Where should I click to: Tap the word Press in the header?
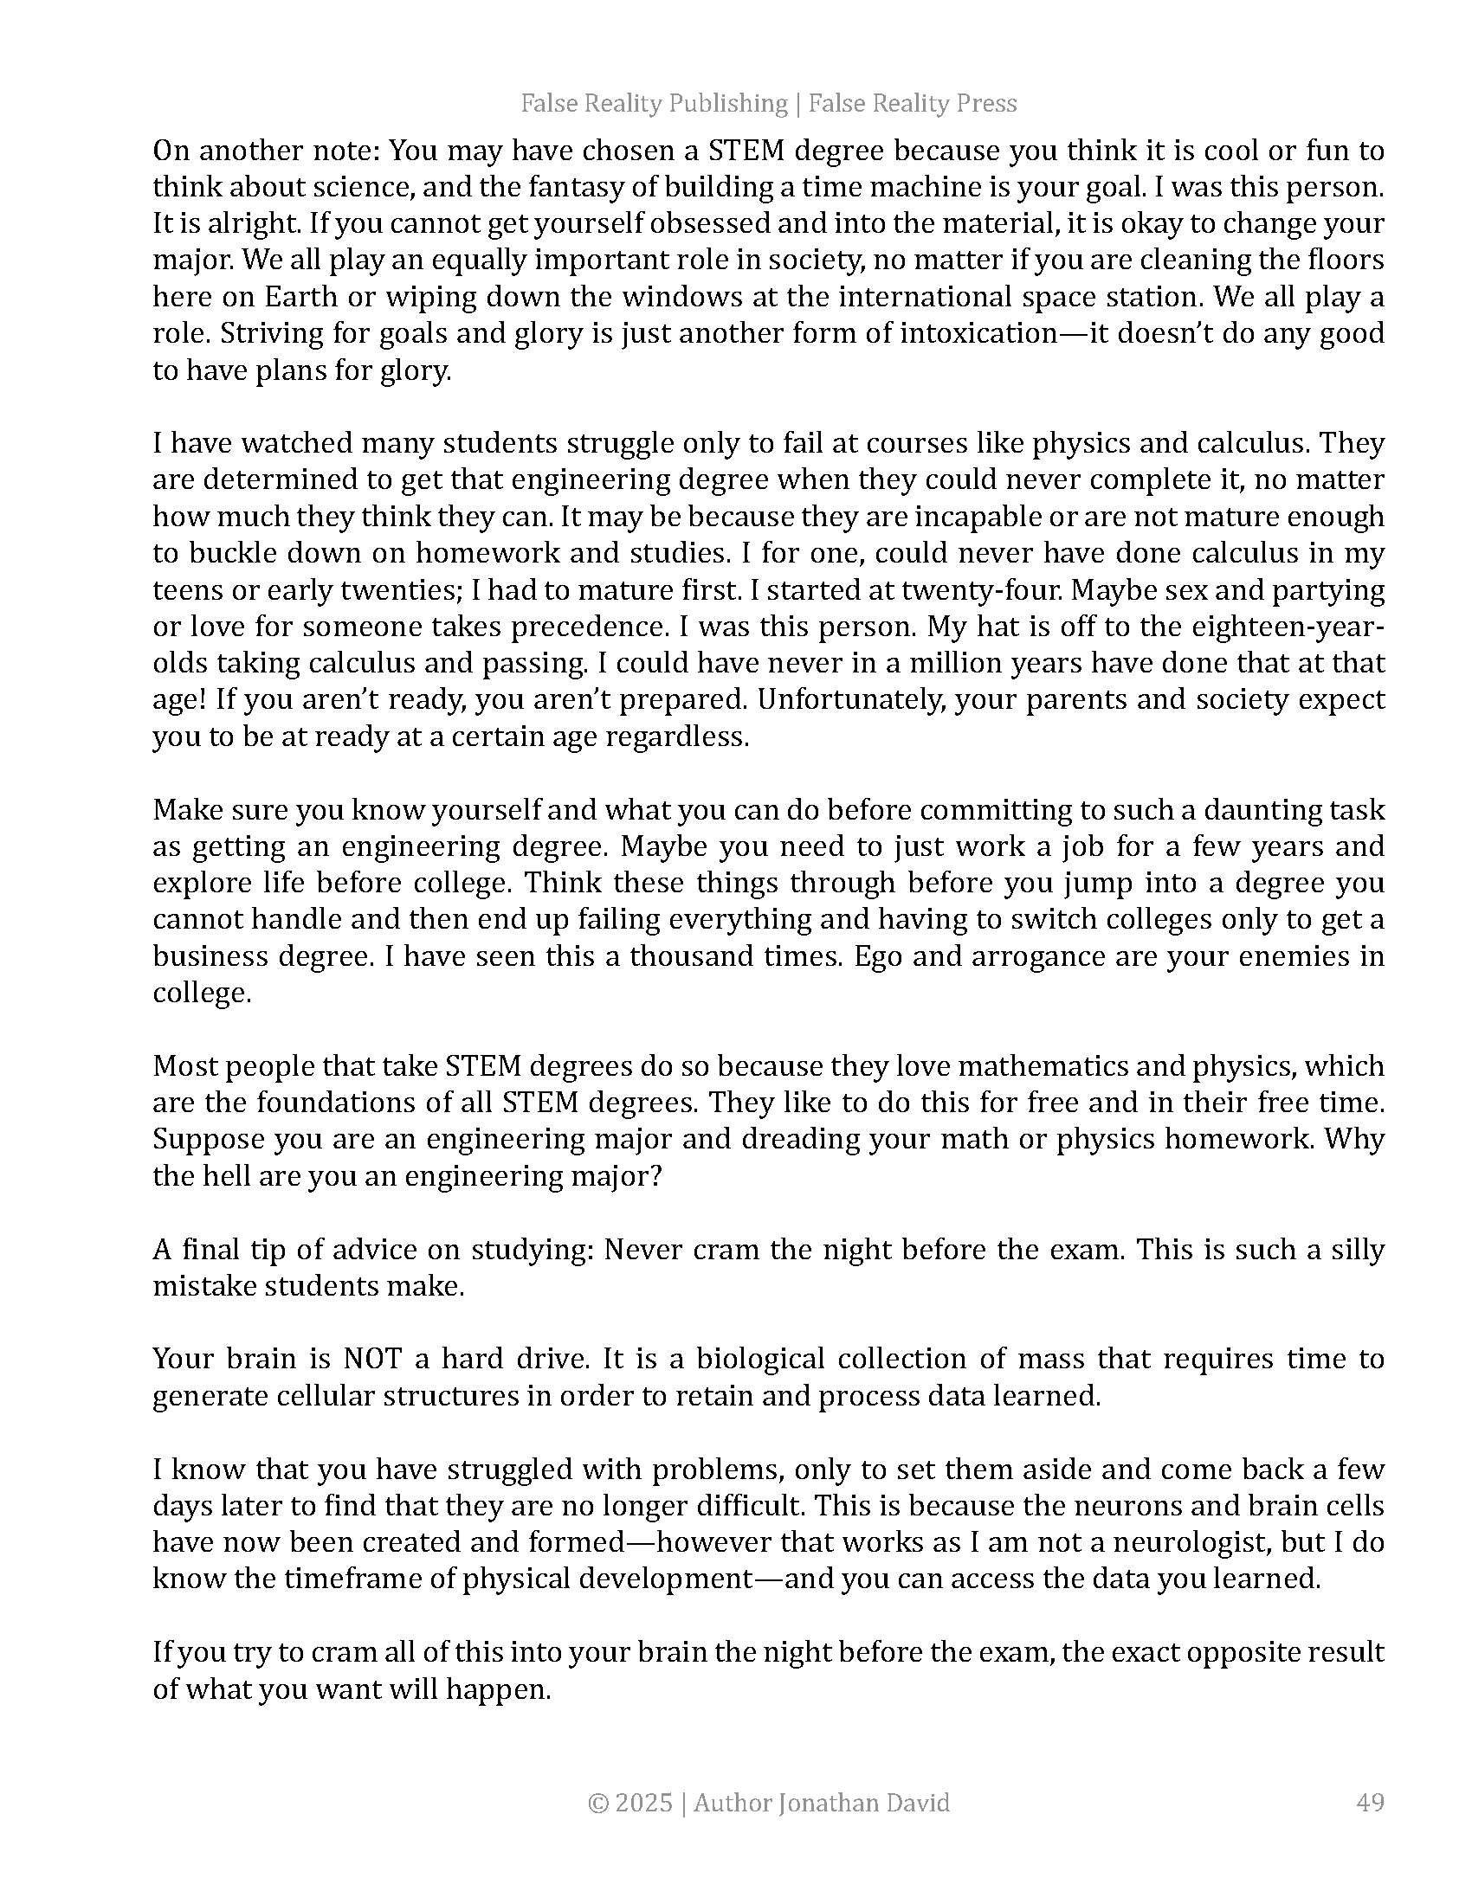pos(986,104)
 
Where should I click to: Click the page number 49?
pos(1371,1802)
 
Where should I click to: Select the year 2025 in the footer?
pos(643,1802)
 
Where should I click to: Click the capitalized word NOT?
pos(373,1359)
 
